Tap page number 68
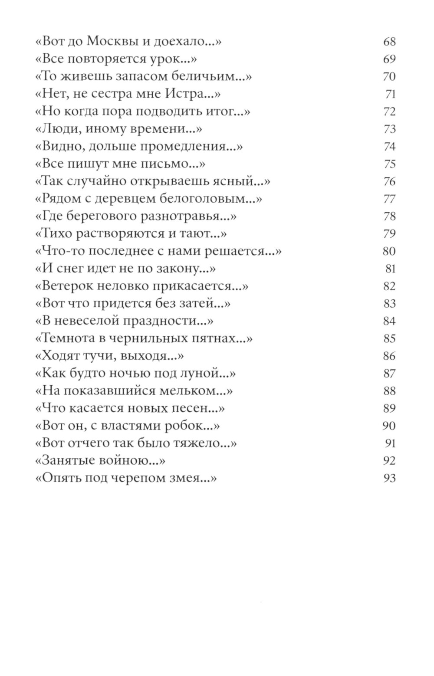[x=389, y=42]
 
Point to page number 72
[x=389, y=112]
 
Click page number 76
[x=389, y=181]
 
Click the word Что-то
[x=59, y=251]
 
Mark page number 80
[x=389, y=251]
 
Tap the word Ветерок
[x=66, y=286]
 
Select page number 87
[x=389, y=374]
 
